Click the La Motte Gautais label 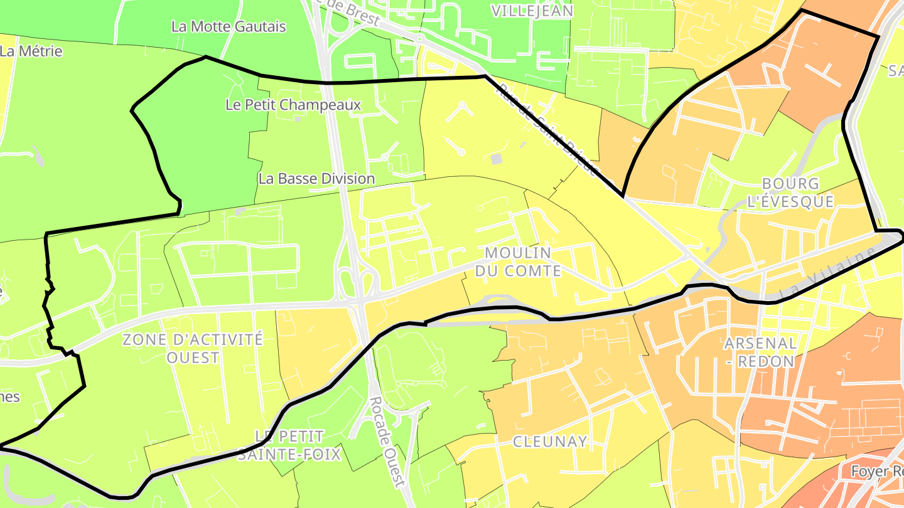click(229, 27)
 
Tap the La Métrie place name click(31, 51)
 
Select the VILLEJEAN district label click(532, 11)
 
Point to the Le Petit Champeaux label click(293, 105)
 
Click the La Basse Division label click(316, 179)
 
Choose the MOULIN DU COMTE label click(518, 262)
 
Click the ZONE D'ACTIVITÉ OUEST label click(192, 349)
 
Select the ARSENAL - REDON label click(760, 352)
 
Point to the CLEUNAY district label click(550, 442)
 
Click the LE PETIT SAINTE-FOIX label click(289, 445)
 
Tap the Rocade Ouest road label click(385, 441)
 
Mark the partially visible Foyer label click(876, 470)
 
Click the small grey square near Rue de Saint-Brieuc click(497, 159)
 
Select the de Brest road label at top click(348, 13)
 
